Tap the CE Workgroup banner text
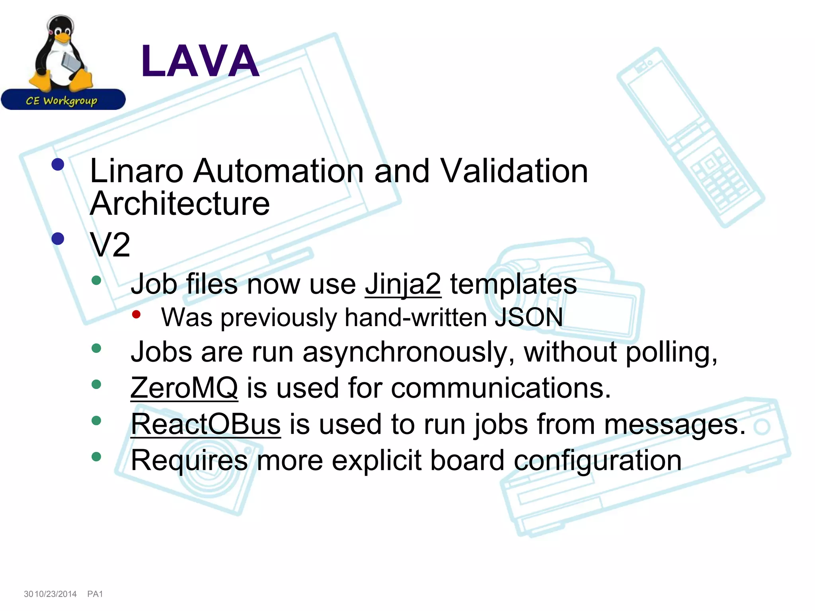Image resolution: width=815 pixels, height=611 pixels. (x=62, y=101)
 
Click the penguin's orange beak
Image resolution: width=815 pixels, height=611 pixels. (x=62, y=37)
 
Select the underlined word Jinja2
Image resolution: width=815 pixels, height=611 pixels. (x=403, y=284)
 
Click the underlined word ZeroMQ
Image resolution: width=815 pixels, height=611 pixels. (x=184, y=388)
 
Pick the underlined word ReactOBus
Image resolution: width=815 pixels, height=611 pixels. (x=206, y=424)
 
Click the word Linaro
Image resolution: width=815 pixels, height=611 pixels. (x=136, y=171)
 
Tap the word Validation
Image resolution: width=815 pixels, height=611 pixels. (x=514, y=171)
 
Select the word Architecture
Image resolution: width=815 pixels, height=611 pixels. (x=180, y=204)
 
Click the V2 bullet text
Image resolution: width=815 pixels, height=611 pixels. (x=110, y=245)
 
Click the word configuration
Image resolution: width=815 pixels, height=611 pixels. (x=597, y=460)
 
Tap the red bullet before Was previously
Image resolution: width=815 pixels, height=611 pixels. (x=136, y=315)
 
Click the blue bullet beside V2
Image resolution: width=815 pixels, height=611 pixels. (x=58, y=239)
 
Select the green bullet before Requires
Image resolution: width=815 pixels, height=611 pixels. (x=96, y=457)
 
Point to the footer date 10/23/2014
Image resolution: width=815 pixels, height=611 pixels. (x=56, y=594)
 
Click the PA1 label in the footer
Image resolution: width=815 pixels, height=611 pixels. (x=95, y=594)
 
